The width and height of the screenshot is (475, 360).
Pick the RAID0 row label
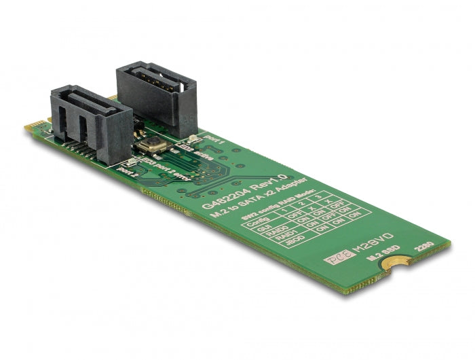pyautogui.click(x=271, y=235)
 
